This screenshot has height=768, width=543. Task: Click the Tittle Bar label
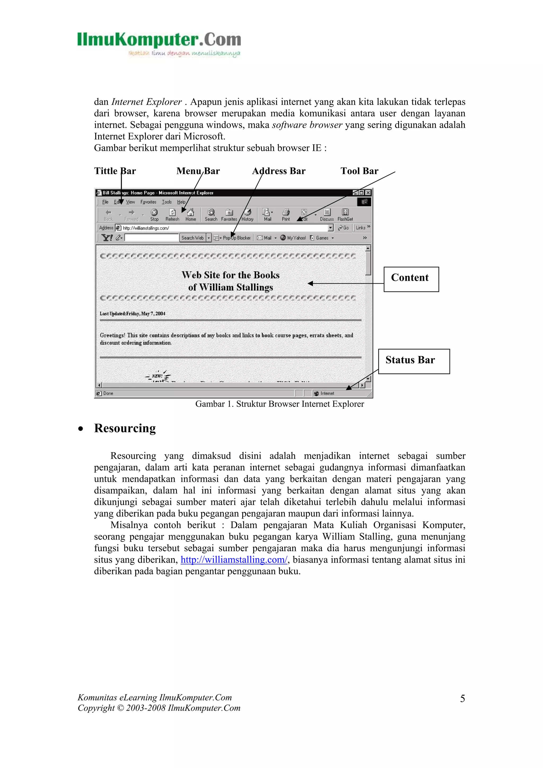tap(115, 171)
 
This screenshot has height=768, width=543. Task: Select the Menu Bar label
tap(198, 171)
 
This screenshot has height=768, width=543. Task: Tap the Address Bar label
tap(279, 171)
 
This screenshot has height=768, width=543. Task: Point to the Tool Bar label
tap(359, 171)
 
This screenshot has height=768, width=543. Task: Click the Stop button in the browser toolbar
tap(154, 215)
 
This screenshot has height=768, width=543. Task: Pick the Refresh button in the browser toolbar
tap(172, 215)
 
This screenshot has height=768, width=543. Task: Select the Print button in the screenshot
tap(286, 215)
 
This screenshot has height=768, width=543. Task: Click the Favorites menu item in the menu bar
tap(148, 202)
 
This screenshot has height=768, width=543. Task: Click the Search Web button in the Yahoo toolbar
tap(192, 238)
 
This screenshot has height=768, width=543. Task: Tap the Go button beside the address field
tap(344, 228)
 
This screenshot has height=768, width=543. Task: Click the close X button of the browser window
tap(368, 193)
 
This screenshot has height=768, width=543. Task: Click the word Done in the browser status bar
tap(108, 393)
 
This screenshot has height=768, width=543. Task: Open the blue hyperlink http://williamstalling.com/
tap(234, 560)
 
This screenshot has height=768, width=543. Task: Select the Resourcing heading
tap(125, 428)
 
